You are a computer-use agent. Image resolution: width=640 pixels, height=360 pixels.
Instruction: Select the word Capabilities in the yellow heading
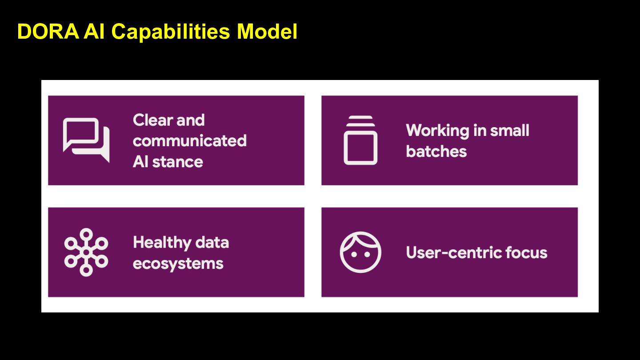coord(171,32)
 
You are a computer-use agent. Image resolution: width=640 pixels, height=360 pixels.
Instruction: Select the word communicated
coord(190,141)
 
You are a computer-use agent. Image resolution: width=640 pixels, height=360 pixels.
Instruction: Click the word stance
coord(177,162)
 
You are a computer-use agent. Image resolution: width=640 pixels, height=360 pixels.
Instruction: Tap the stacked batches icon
coord(360,140)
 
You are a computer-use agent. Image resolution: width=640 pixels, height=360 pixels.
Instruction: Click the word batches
coord(436,152)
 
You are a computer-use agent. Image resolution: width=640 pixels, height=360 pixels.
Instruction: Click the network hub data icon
coord(86,252)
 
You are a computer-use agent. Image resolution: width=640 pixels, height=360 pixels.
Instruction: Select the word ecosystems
coord(178,264)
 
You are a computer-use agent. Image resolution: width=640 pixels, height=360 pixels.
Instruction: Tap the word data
coord(212,243)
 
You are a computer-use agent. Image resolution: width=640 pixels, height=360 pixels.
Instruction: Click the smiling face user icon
coord(360,252)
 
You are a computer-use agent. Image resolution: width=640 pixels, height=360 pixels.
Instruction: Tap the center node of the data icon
coord(86,252)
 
